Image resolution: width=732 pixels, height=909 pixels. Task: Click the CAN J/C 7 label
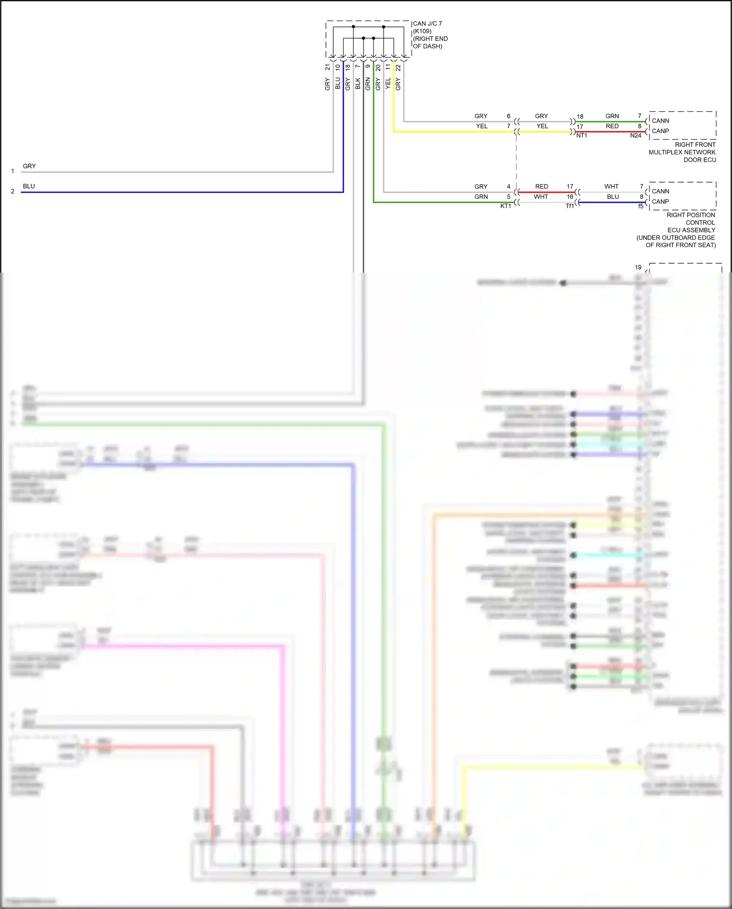(427, 23)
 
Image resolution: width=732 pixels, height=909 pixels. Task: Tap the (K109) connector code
(422, 31)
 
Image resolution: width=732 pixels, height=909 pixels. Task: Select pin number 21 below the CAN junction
(328, 67)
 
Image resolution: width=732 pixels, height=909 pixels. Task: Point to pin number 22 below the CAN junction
(398, 67)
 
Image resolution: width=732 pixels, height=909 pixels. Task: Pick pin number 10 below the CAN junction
(338, 67)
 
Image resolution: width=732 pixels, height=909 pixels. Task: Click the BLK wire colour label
(358, 84)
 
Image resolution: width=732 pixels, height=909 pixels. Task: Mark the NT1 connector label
(582, 136)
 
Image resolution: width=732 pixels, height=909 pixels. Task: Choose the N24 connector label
(635, 136)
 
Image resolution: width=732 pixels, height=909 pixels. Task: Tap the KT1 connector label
(506, 206)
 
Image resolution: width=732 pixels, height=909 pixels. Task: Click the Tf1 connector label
(570, 206)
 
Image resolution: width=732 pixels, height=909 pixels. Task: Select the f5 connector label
(641, 207)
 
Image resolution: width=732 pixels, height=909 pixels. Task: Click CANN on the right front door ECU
(660, 121)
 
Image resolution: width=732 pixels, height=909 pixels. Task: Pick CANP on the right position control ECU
(660, 202)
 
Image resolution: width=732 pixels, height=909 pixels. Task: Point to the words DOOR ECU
(699, 160)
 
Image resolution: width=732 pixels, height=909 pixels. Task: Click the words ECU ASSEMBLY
(691, 230)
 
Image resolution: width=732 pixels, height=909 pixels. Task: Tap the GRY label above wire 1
(29, 166)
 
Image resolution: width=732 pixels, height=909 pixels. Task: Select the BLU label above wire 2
(29, 186)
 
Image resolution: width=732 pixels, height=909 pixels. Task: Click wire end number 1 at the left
(13, 171)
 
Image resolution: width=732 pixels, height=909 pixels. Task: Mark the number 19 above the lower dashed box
(638, 267)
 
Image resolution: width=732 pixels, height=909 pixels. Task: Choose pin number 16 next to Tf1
(570, 197)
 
